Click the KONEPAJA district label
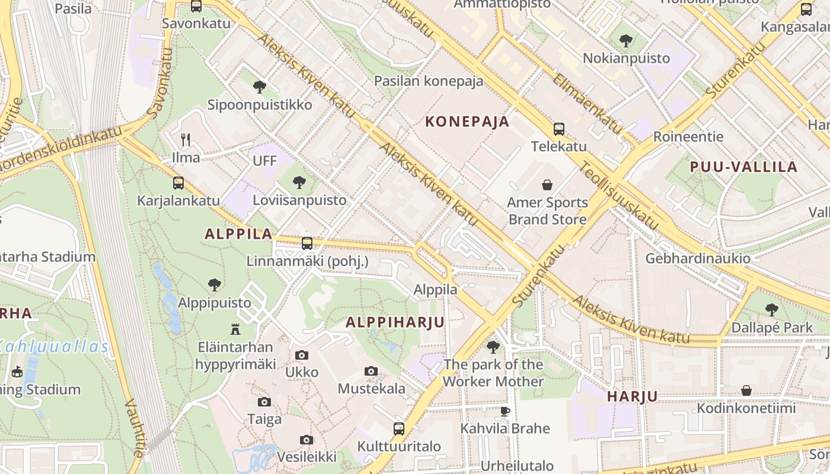(467, 122)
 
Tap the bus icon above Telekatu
(558, 129)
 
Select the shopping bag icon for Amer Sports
(547, 185)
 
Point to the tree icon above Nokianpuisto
(625, 41)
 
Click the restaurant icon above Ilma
(186, 140)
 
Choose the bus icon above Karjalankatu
(178, 183)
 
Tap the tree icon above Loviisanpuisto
(299, 182)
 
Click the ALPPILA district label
(238, 234)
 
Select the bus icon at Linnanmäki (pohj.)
(307, 243)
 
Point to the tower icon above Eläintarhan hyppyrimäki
(235, 329)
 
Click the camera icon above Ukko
(302, 355)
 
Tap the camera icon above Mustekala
(371, 371)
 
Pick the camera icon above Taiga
(264, 402)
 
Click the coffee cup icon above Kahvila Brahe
(505, 411)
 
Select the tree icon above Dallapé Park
(771, 309)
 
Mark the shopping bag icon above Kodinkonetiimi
(746, 390)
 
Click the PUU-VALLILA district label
(743, 167)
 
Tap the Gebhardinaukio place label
(697, 258)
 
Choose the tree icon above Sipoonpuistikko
(259, 87)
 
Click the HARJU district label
(632, 397)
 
